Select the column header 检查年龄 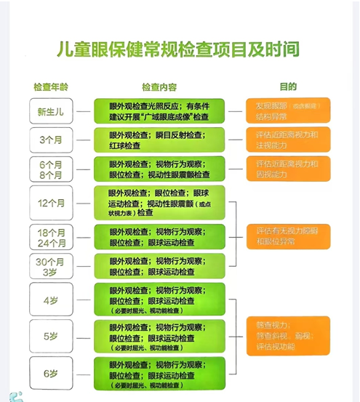click(x=51, y=87)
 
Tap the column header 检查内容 click(x=159, y=87)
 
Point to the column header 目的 click(x=288, y=87)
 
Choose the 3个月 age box click(x=51, y=140)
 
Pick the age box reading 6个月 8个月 click(x=51, y=169)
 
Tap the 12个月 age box click(x=51, y=203)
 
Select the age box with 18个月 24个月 click(x=51, y=238)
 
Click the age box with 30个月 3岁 click(x=51, y=268)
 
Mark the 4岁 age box click(x=51, y=299)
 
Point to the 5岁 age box click(x=51, y=336)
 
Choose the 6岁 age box click(x=51, y=374)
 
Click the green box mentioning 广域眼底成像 click(x=159, y=111)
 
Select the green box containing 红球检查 click(x=159, y=140)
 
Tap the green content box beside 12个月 click(x=159, y=203)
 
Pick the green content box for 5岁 click(x=159, y=336)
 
